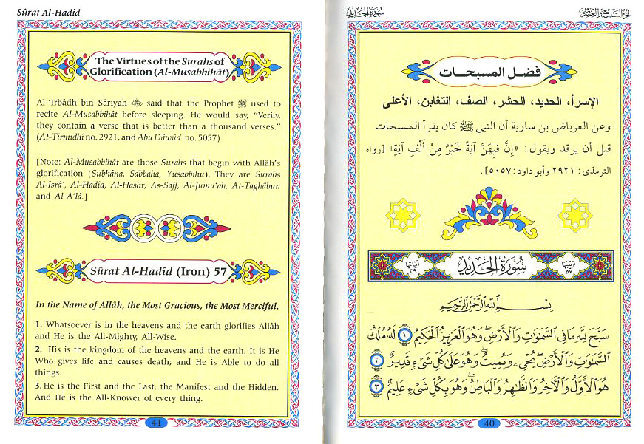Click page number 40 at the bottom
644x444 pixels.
(x=487, y=423)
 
